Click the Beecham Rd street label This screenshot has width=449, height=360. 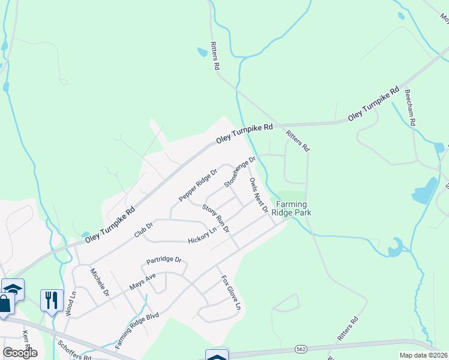click(x=411, y=107)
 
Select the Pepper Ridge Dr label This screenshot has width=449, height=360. click(x=197, y=185)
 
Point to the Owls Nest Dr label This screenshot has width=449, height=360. click(x=259, y=195)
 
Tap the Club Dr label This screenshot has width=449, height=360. click(x=144, y=229)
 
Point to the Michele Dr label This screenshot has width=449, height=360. click(x=98, y=283)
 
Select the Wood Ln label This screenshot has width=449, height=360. click(x=73, y=304)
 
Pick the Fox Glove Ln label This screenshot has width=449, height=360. click(x=231, y=293)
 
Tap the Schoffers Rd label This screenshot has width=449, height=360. click(x=74, y=349)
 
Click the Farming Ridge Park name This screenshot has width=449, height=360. click(x=291, y=208)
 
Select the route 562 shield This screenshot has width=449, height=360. click(x=301, y=348)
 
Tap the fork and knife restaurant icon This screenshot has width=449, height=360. click(x=52, y=299)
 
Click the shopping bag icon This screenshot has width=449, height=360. click(x=5, y=304)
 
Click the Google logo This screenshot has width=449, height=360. click(x=20, y=353)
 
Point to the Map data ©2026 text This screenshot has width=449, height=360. click(x=423, y=355)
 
